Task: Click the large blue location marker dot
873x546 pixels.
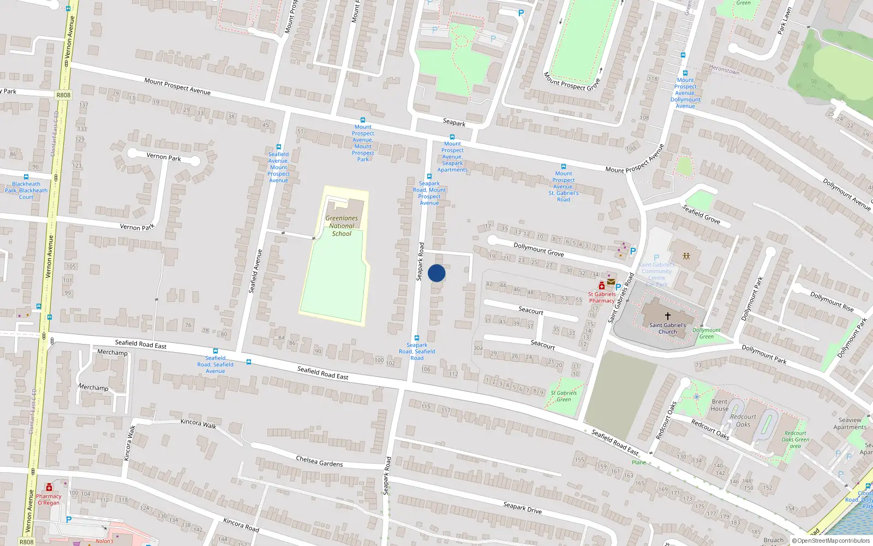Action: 436,273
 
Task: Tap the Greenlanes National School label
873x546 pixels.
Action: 342,225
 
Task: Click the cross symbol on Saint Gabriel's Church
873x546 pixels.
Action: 667,316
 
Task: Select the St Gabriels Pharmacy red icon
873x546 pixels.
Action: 602,285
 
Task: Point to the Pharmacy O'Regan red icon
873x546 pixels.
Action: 49,487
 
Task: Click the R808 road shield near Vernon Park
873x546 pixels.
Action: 63,95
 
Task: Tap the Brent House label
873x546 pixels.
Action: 719,405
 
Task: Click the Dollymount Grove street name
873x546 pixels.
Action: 538,250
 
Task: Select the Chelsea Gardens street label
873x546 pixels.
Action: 319,461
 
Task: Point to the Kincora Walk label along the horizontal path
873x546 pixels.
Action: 198,423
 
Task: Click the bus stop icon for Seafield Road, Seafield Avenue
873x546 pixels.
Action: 216,351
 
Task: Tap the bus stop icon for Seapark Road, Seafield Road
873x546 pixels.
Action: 417,338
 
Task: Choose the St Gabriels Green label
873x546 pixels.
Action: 563,396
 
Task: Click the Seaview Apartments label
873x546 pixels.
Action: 850,424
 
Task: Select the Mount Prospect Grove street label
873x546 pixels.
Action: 571,81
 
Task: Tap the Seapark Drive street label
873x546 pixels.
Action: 522,508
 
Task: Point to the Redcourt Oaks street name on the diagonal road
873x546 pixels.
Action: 710,429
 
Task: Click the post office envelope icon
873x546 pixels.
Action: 611,282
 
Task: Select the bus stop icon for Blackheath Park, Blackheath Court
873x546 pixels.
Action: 26,177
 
